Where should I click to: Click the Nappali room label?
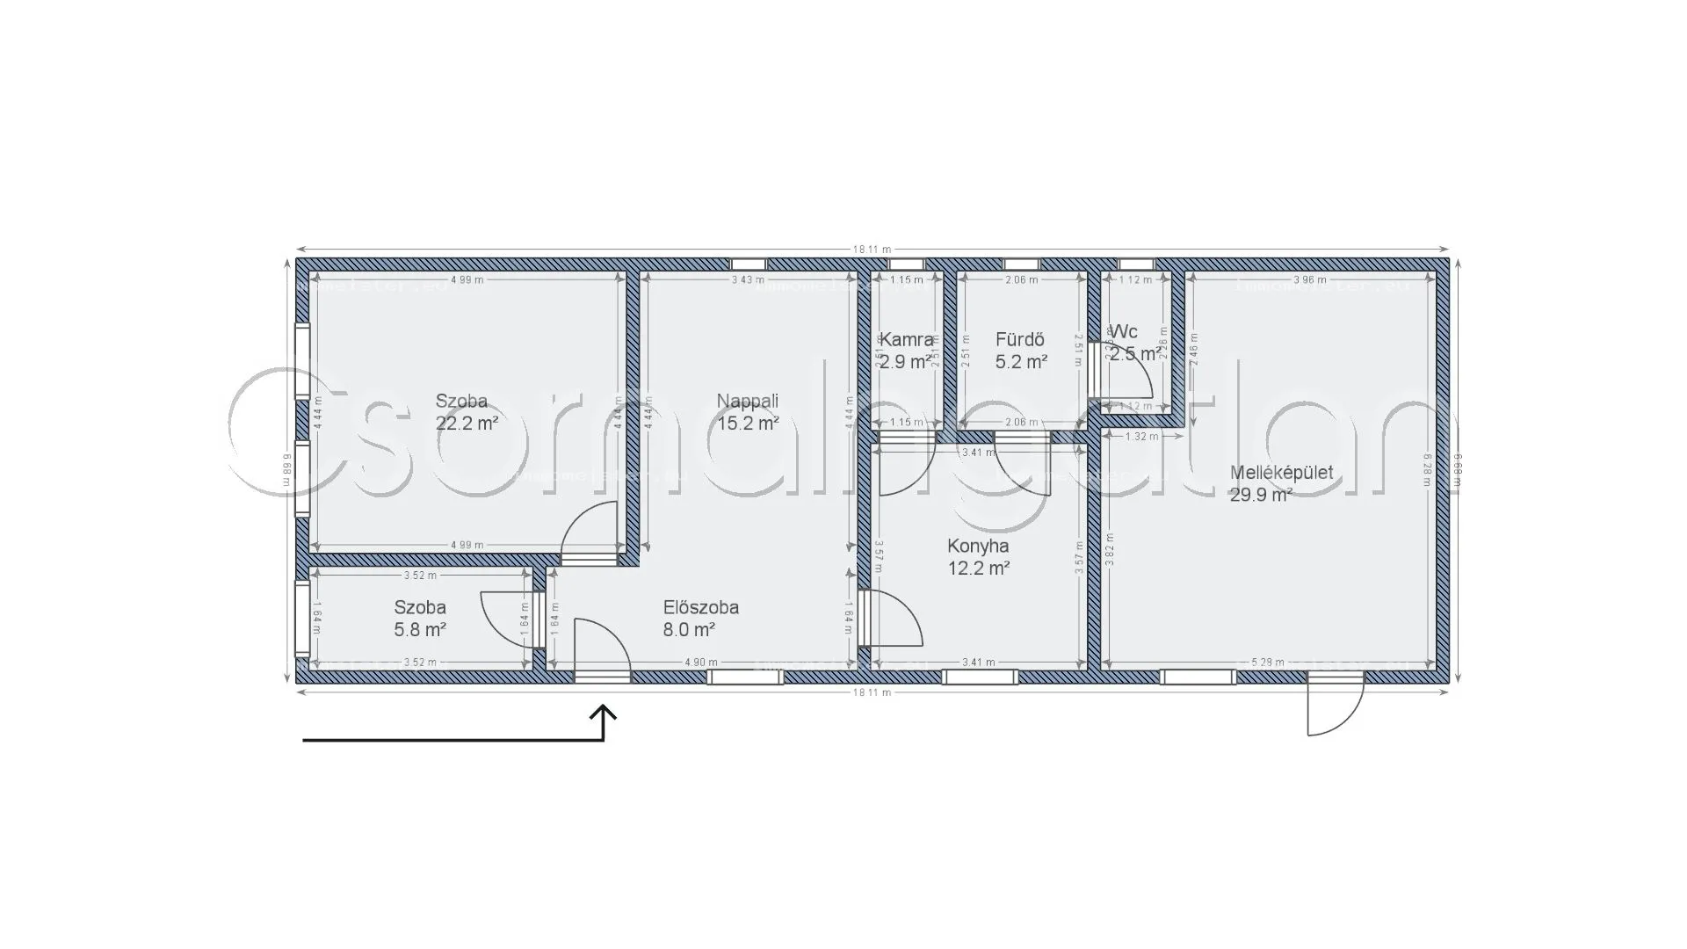click(747, 402)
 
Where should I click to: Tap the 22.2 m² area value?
click(467, 424)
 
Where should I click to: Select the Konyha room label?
click(978, 547)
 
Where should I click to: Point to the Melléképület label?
click(1281, 473)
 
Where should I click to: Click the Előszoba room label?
click(700, 607)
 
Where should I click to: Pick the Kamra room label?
click(906, 339)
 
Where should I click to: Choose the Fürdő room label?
click(1019, 339)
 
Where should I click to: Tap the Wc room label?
click(1125, 331)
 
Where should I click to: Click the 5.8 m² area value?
click(420, 630)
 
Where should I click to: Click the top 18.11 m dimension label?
click(872, 250)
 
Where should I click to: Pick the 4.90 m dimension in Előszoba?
click(700, 663)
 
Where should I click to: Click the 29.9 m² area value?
click(1260, 495)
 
